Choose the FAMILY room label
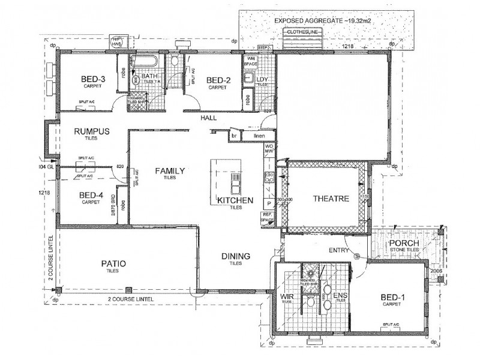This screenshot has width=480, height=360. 170,171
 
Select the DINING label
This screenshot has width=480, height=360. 235,256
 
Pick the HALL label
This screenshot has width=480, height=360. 209,119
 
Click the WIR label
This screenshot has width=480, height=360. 285,296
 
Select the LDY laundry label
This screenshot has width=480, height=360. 262,80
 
